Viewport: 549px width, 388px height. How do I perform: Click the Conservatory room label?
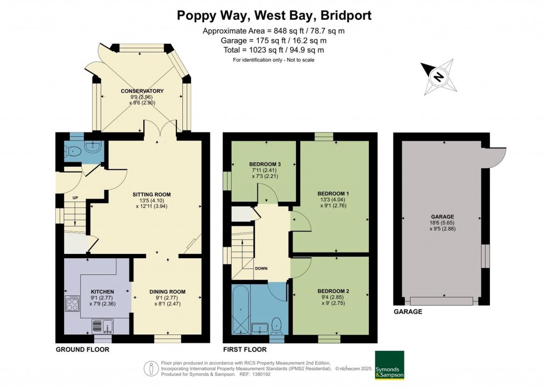[142, 91]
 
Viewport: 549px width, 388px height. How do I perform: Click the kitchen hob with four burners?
[71, 304]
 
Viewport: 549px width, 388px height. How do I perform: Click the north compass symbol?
[439, 77]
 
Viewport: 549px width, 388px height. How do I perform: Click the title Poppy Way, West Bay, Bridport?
[274, 15]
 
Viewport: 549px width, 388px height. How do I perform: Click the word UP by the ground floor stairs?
[76, 198]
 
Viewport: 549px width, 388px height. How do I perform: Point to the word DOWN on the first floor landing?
[261, 268]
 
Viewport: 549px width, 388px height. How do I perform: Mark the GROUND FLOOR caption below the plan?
[83, 349]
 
